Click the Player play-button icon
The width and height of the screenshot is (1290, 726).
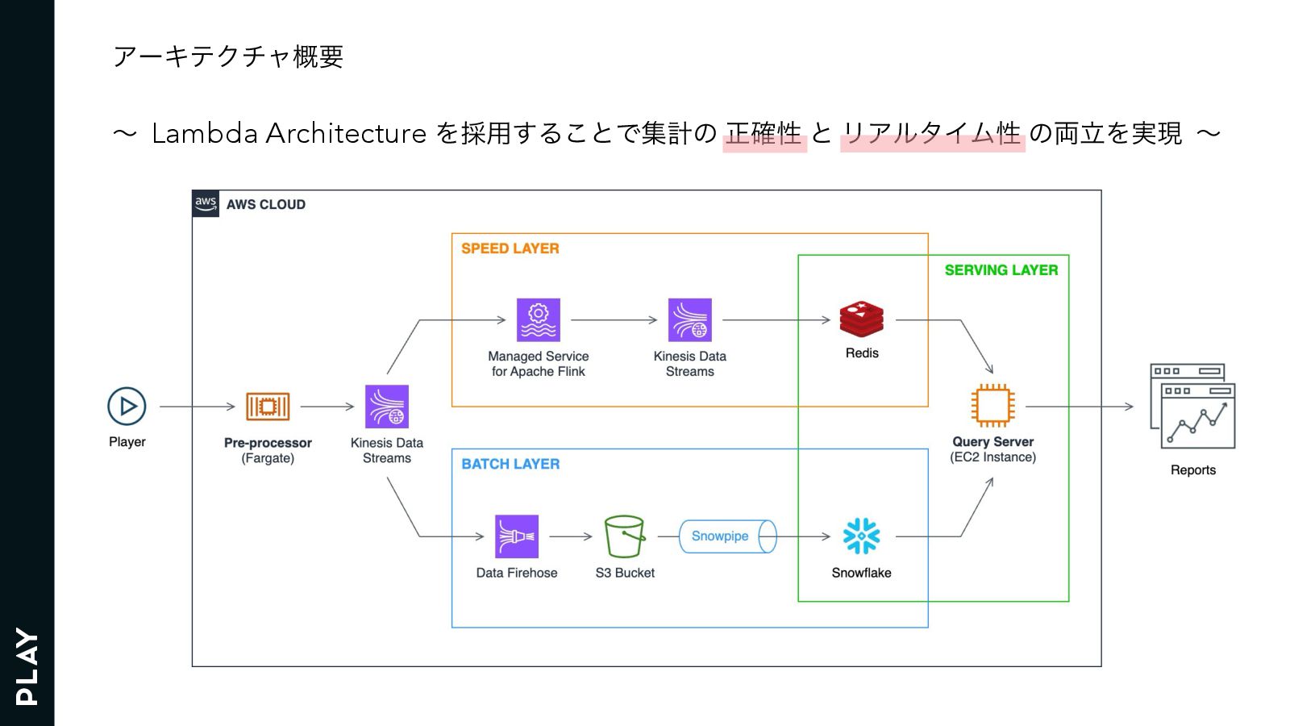pos(127,407)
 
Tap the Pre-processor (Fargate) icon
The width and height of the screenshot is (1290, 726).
pos(268,407)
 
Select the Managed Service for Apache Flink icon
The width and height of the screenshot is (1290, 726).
pos(539,320)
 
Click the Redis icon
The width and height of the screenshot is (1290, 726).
pos(861,319)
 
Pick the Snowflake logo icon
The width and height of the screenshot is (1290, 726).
pos(861,536)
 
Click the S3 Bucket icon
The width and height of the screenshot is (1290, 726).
pos(625,536)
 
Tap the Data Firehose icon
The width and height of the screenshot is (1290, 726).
pos(517,536)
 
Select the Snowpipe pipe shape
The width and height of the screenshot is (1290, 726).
pos(726,536)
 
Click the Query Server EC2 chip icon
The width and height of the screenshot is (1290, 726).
pos(992,406)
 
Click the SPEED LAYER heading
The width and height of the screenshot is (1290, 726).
pos(510,248)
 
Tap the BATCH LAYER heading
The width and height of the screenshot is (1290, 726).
pos(510,464)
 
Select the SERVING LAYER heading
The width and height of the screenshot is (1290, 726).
pos(1001,270)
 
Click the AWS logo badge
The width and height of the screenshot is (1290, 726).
pos(206,203)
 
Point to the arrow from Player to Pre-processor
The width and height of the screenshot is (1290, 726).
pos(197,407)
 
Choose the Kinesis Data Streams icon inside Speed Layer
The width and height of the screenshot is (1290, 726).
pos(690,320)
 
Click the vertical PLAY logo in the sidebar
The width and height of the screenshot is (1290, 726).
pos(27,666)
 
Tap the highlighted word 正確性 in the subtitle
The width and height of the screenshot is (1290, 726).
pos(764,133)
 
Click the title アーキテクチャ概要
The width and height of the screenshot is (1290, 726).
pos(229,56)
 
